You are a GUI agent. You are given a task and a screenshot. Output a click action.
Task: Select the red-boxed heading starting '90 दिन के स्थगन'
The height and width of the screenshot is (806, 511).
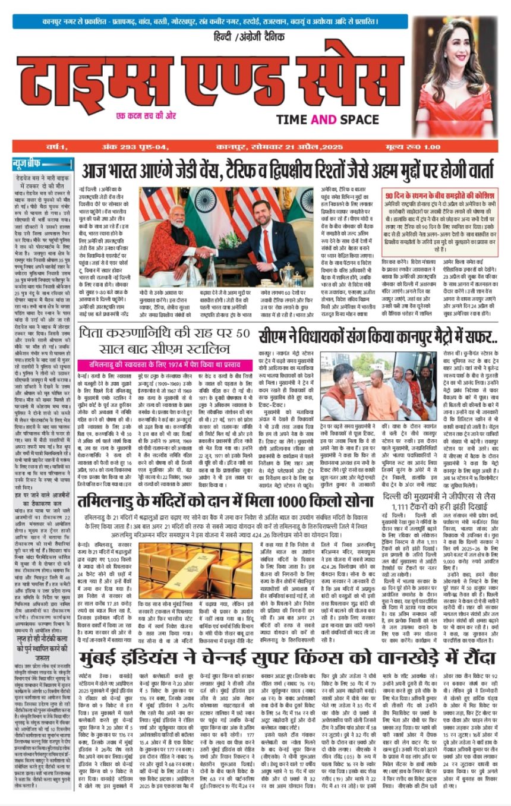coord(439,196)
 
